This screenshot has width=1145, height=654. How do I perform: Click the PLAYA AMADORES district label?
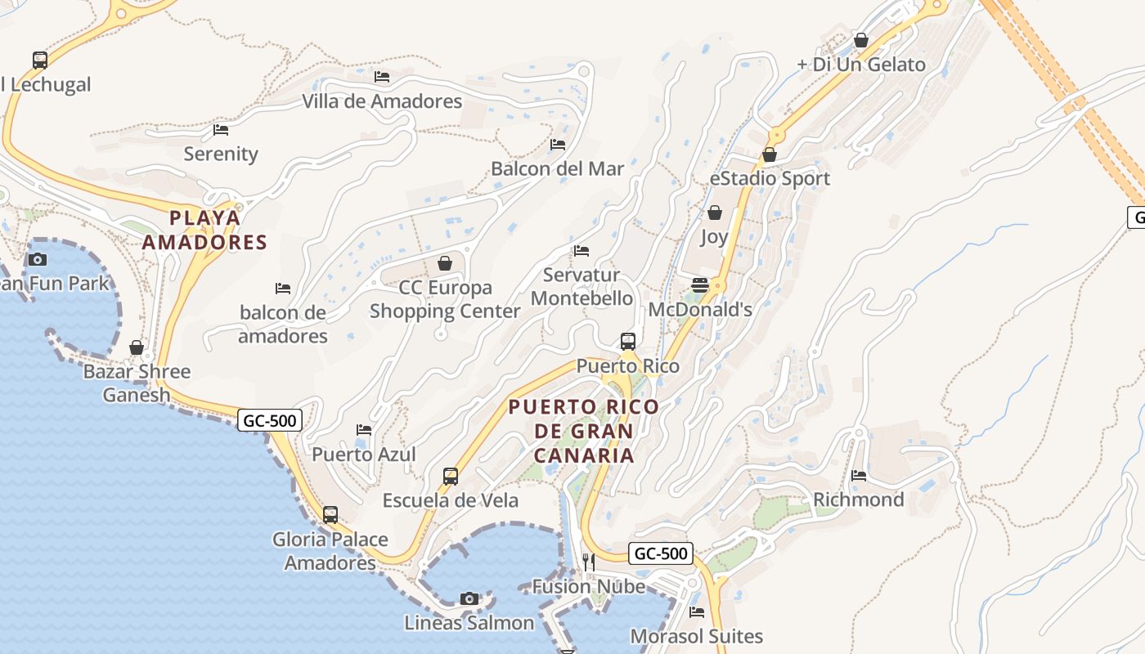(x=204, y=230)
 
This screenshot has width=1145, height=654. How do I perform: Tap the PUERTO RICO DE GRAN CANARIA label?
(x=583, y=431)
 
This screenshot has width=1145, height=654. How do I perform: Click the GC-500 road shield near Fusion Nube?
(x=662, y=553)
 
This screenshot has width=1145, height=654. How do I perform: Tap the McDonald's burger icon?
(x=699, y=284)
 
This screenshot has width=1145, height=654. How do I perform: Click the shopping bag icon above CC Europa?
(x=445, y=263)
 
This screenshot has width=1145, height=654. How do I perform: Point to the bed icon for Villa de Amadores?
(x=382, y=77)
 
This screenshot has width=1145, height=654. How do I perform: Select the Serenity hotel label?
(x=221, y=154)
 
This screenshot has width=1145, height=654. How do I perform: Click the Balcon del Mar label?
(x=557, y=169)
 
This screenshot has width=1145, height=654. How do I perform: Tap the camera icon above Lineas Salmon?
(x=469, y=598)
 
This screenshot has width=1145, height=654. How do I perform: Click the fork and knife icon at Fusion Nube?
(x=588, y=562)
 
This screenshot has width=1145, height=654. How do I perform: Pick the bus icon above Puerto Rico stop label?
(x=627, y=341)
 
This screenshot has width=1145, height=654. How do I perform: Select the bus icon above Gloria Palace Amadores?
(x=330, y=514)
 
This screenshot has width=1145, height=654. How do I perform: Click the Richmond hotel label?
(x=858, y=499)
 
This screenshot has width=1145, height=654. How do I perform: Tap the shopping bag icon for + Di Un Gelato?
(x=860, y=39)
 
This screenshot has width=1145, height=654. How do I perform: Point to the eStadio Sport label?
(x=770, y=178)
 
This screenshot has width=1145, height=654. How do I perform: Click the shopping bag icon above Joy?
(x=714, y=213)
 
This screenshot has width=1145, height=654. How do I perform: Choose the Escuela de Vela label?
(x=451, y=500)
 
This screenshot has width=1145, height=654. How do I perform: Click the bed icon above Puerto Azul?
(x=364, y=429)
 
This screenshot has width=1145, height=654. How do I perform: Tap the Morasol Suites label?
(x=696, y=636)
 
